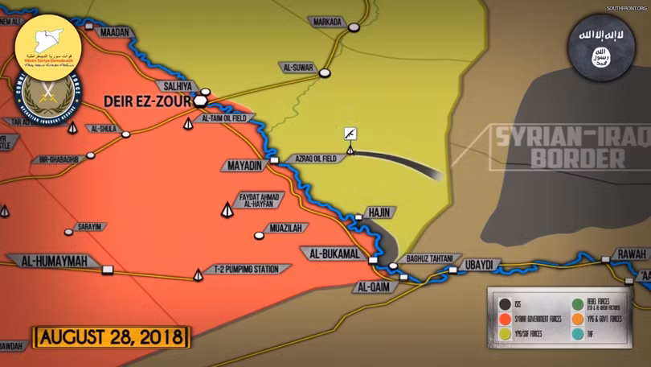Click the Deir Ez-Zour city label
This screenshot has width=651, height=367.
pos(146,101)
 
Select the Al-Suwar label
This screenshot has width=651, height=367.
pos(297,67)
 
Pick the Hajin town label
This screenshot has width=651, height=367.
pos(379,212)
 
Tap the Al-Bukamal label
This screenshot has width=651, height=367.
pos(333,254)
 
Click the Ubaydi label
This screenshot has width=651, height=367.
pos(482,263)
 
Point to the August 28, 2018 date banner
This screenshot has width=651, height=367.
pos(110,336)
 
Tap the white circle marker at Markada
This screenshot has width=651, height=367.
pos(354,27)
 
